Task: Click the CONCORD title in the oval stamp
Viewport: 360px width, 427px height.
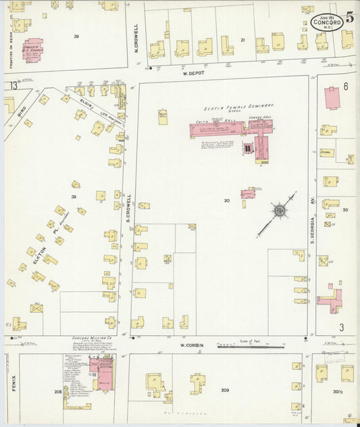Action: point(326,22)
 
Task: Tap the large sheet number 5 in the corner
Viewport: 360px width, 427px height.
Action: point(349,17)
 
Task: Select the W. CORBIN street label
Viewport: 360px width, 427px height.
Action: point(192,345)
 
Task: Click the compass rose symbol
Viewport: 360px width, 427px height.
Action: point(278,211)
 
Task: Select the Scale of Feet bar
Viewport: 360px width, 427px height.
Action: point(250,345)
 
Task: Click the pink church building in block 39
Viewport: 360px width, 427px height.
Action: point(32,50)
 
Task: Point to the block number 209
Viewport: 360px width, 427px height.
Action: point(225,390)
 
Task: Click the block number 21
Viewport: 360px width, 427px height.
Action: point(242,41)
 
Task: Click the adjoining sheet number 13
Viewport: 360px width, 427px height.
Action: point(13,86)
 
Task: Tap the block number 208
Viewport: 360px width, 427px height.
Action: point(58,391)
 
